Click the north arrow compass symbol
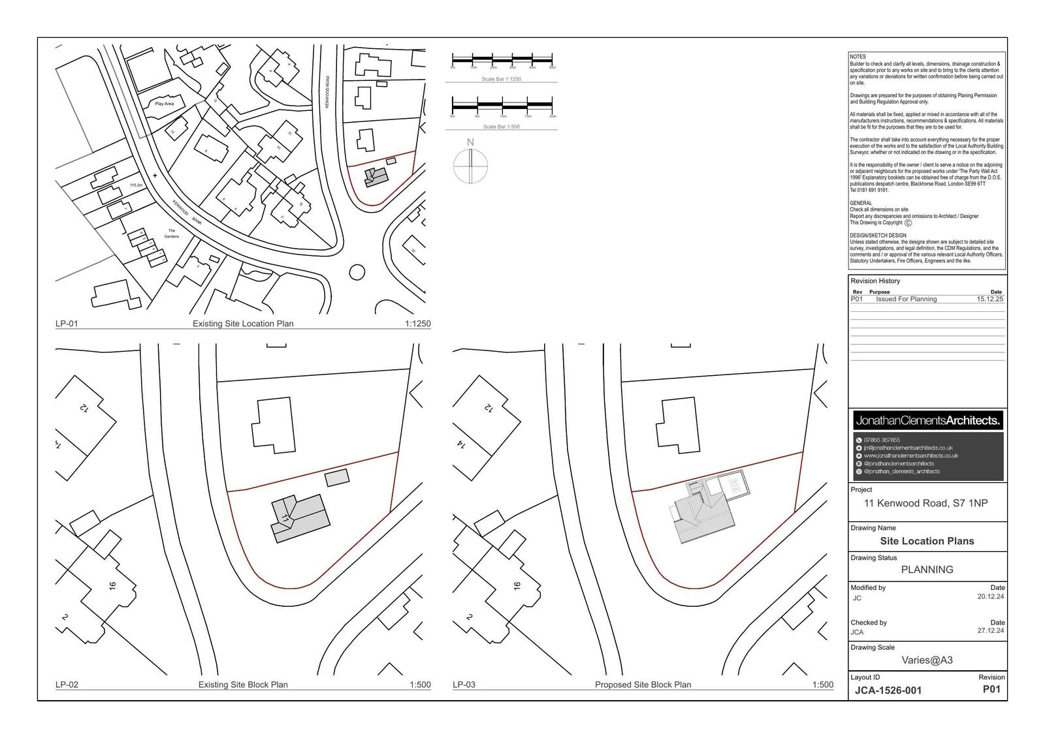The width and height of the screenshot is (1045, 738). [470, 165]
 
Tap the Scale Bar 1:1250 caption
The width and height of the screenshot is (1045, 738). [501, 79]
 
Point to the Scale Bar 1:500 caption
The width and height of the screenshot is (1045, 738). [501, 127]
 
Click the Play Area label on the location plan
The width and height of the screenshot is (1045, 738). [165, 104]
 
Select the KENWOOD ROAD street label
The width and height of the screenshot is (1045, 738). [328, 92]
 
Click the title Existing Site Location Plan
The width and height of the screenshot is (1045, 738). [243, 324]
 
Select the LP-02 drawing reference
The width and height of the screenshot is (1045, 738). [67, 685]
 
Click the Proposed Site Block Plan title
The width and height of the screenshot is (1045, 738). [643, 685]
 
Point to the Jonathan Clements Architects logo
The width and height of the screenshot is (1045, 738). [927, 421]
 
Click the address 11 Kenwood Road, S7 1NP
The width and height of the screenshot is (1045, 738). [925, 503]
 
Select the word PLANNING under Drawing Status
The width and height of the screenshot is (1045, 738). [927, 570]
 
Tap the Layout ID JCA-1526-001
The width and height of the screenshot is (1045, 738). [888, 690]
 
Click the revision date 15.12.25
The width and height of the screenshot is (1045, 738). [989, 299]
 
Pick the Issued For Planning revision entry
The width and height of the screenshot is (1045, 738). [906, 299]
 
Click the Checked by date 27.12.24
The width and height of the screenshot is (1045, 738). [991, 631]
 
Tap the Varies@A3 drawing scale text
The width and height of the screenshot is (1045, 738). [927, 660]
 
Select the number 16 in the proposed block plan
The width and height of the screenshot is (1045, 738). [517, 586]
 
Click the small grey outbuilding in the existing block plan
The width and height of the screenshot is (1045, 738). [337, 478]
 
